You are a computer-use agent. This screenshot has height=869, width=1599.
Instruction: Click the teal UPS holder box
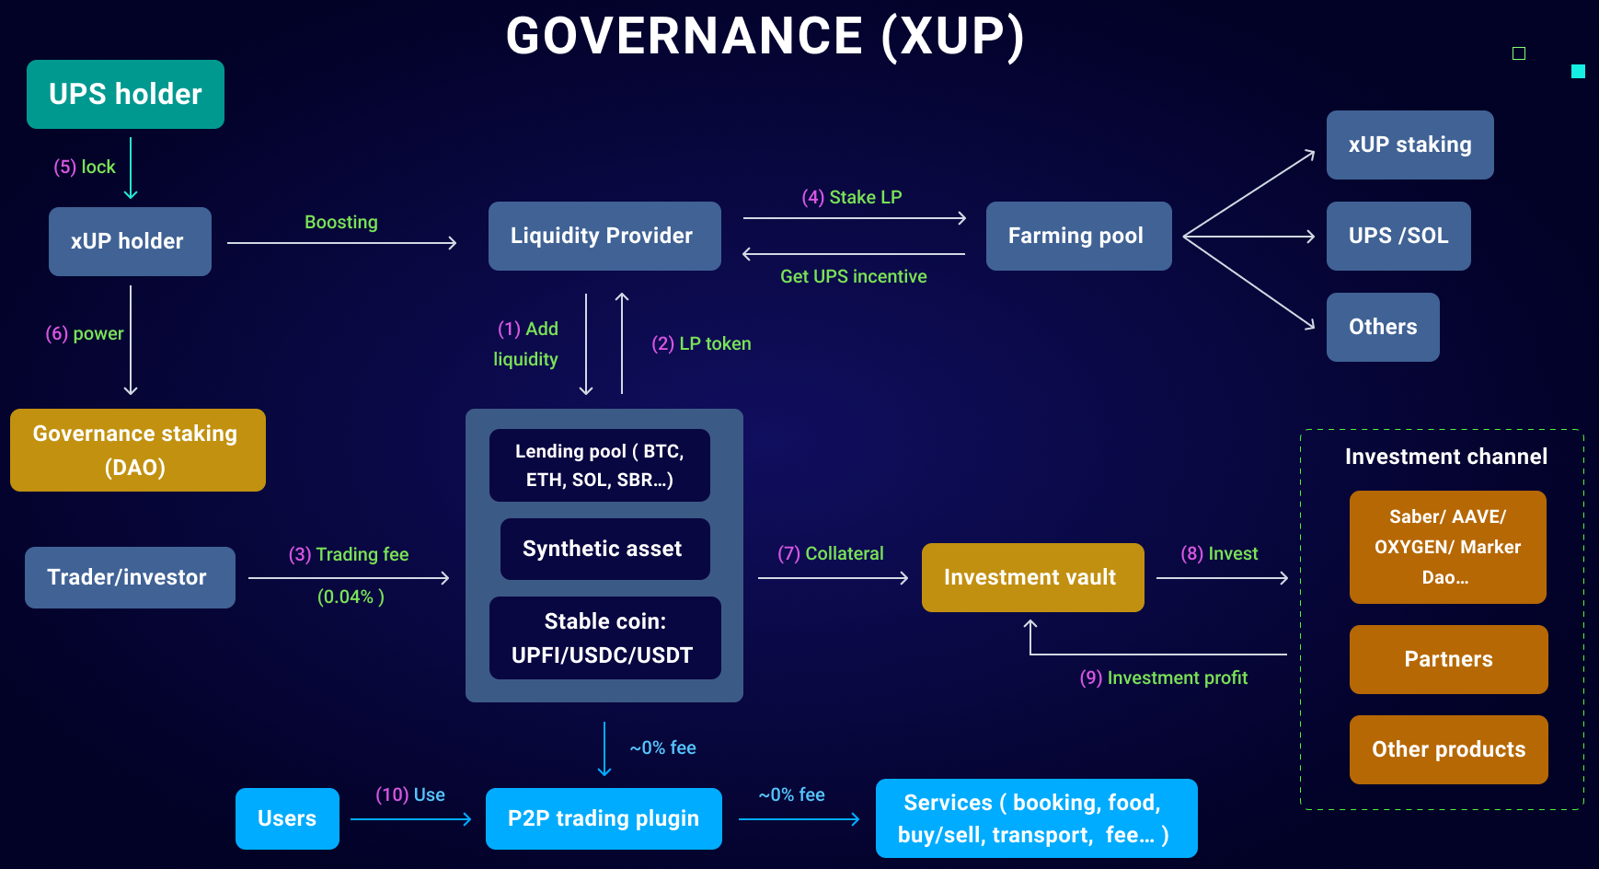[125, 94]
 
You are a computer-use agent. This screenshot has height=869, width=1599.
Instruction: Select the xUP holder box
[130, 241]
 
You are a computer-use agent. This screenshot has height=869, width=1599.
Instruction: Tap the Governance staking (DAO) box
[138, 450]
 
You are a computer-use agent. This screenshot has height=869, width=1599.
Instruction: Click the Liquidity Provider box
[604, 236]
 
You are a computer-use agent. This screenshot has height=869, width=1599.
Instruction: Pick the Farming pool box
[1079, 236]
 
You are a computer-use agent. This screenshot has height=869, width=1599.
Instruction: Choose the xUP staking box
[1410, 145]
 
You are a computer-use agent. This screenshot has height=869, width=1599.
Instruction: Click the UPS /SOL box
[1398, 236]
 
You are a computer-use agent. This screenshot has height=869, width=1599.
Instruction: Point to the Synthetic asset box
[605, 549]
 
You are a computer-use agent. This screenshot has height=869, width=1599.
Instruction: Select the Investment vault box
[1033, 577]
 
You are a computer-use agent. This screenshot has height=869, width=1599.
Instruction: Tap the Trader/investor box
[130, 577]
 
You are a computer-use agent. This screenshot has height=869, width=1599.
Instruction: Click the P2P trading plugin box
[604, 818]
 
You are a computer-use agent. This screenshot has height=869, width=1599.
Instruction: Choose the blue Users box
[287, 818]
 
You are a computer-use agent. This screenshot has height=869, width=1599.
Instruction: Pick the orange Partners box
[1449, 659]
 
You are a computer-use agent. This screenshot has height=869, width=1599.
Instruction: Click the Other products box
[1449, 749]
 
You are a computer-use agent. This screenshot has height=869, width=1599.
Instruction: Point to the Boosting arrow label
[341, 222]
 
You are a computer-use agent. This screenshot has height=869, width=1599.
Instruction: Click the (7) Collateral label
[831, 553]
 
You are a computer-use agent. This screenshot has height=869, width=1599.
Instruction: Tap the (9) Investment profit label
[1164, 678]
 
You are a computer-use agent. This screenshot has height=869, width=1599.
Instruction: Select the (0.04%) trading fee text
[351, 597]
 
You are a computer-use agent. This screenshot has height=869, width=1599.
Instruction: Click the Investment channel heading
[1446, 457]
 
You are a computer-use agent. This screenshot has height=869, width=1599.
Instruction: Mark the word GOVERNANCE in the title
[684, 37]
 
